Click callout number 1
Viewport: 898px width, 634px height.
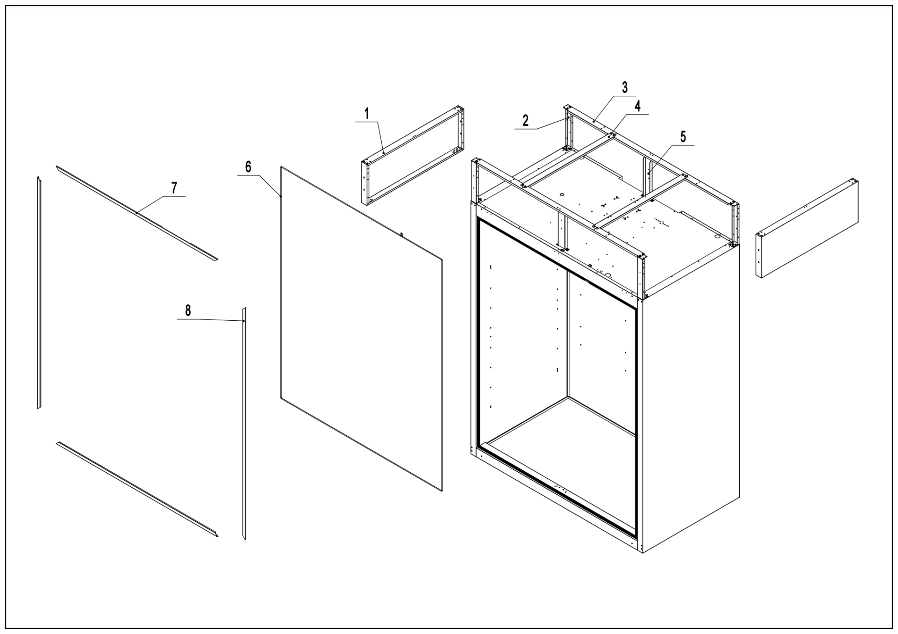click(x=366, y=114)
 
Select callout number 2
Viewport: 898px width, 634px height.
click(x=525, y=121)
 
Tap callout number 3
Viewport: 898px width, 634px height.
click(x=624, y=88)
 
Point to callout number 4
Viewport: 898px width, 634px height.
click(x=637, y=106)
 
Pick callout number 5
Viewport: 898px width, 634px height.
click(x=683, y=137)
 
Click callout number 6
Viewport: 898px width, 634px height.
click(x=248, y=167)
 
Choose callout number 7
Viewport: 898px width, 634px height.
click(x=174, y=188)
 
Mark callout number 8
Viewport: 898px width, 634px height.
click(x=188, y=311)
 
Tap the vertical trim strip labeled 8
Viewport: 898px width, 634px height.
click(x=244, y=423)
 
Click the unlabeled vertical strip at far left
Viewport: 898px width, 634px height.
click(x=39, y=293)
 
